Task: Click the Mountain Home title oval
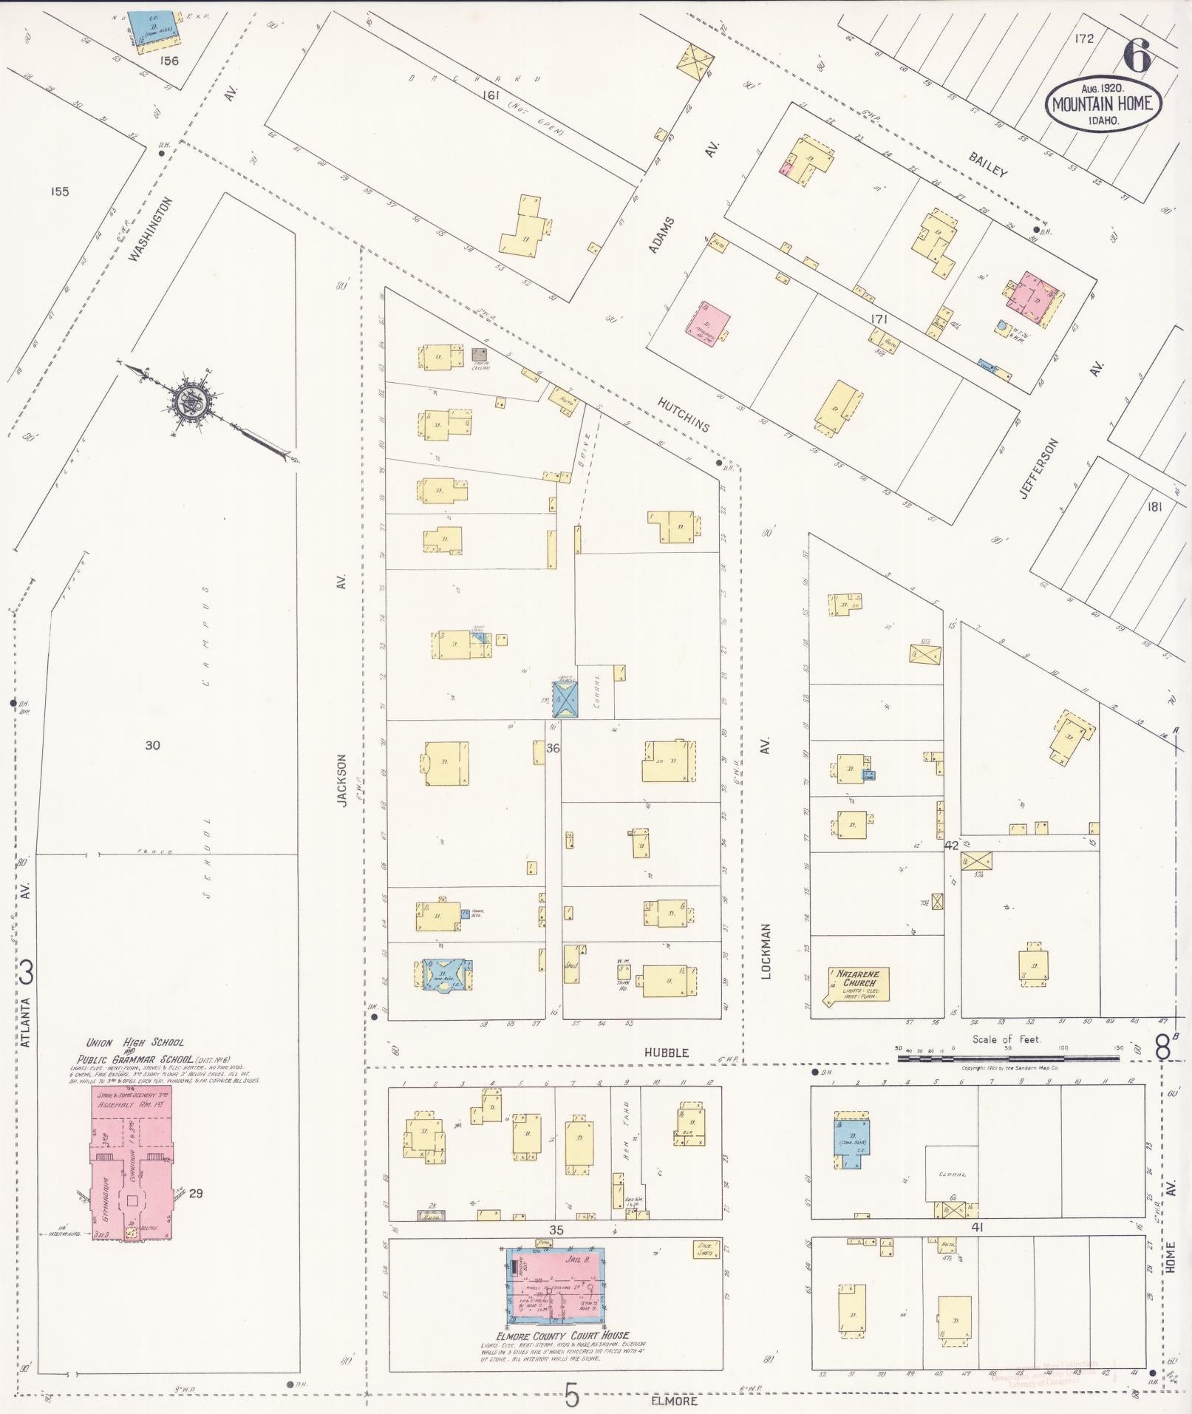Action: coord(1103,103)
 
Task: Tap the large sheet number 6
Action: coord(1138,55)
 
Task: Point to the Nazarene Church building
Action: coord(857,984)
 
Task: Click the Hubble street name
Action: coord(665,1052)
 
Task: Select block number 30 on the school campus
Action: coord(152,745)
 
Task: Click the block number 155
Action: coord(60,191)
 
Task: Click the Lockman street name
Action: coord(766,951)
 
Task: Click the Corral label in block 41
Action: coord(952,1174)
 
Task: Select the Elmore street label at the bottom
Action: coord(674,1400)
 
